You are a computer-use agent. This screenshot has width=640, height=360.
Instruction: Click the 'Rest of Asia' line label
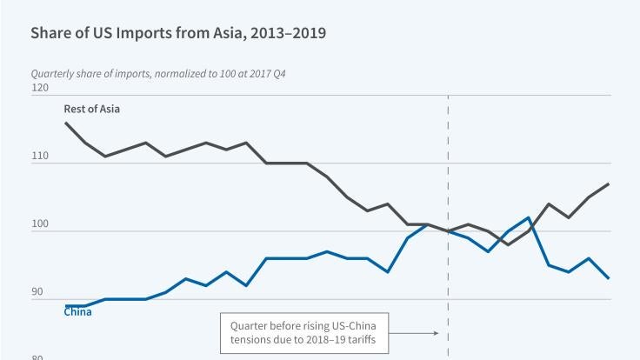pyautogui.click(x=92, y=109)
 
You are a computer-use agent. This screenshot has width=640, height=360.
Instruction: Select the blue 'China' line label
pyautogui.click(x=78, y=312)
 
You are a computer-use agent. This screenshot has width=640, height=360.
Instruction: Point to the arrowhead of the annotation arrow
pyautogui.click(x=437, y=332)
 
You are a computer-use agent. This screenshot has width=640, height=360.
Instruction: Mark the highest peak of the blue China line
pyautogui.click(x=529, y=217)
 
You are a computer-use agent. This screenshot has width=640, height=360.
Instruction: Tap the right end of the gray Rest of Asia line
pyautogui.click(x=608, y=184)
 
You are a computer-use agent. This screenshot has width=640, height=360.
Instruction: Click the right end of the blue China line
pyautogui.click(x=608, y=278)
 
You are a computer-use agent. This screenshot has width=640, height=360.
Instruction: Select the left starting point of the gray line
pyautogui.click(x=65, y=123)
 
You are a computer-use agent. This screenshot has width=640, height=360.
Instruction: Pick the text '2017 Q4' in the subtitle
pyautogui.click(x=269, y=74)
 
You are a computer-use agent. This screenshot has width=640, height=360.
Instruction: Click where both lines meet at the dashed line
pyautogui.click(x=448, y=231)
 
